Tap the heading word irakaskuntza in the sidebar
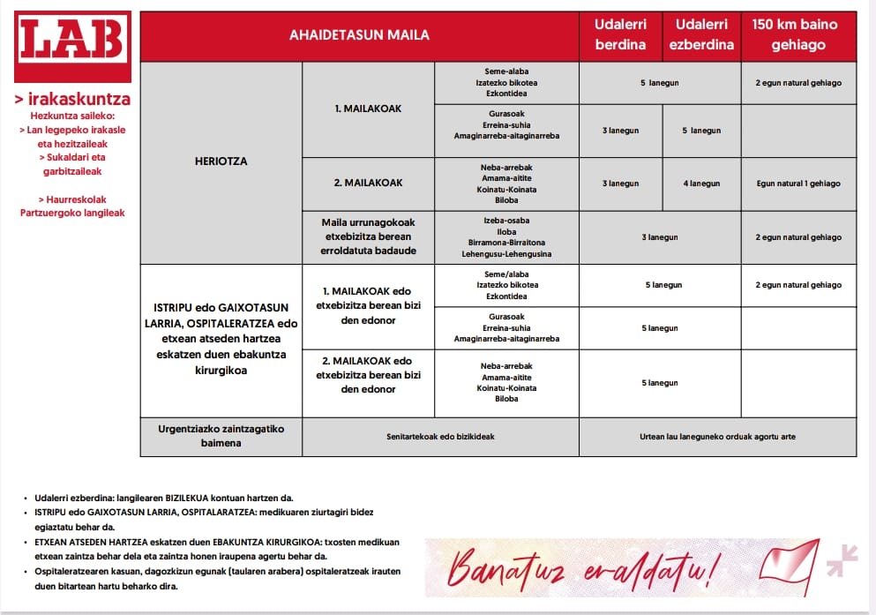[x=72, y=100]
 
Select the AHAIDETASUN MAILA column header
[x=359, y=35]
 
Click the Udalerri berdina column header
[x=620, y=34]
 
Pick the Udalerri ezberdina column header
[x=701, y=34]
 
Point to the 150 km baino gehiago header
[x=798, y=34]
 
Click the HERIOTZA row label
[x=221, y=161]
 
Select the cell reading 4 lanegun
[x=701, y=184]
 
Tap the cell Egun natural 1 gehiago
[x=798, y=184]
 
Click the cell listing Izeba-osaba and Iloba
[x=506, y=237]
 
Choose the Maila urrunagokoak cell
[x=368, y=236]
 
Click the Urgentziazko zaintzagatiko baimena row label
[x=221, y=436]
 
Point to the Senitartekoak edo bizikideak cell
[x=439, y=436]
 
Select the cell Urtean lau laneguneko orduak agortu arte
[x=717, y=436]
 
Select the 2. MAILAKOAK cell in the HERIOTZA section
[x=368, y=183]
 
